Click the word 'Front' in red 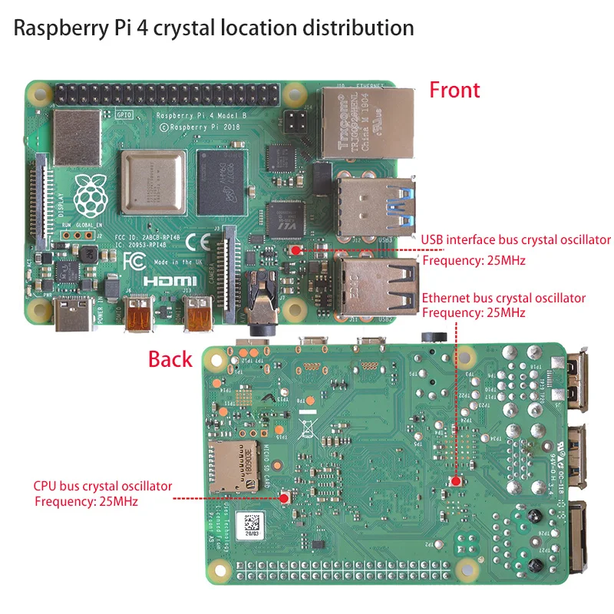[454, 90]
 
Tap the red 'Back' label [170, 358]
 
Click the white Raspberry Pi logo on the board [91, 193]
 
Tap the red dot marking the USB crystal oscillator [295, 249]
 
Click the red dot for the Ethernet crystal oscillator [455, 481]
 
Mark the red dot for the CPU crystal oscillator [285, 497]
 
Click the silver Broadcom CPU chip [153, 183]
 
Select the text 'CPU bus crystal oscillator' [103, 486]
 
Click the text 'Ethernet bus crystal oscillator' [503, 298]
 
